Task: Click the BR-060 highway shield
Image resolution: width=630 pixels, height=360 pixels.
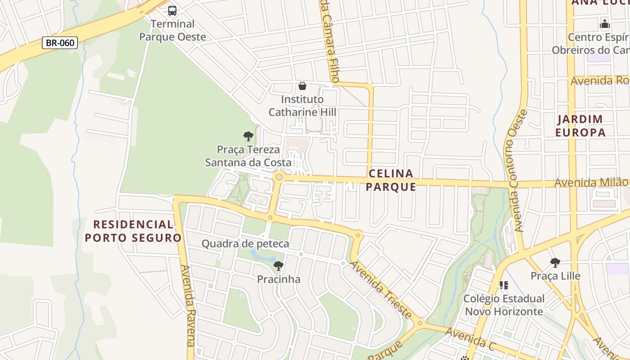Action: tap(60, 43)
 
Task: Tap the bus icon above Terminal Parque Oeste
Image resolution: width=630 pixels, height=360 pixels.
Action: tap(172, 11)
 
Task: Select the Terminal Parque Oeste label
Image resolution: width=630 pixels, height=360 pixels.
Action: tap(172, 30)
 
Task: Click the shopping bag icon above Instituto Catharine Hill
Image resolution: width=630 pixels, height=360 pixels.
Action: tap(302, 86)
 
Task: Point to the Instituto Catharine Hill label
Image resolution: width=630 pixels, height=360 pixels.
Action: tap(302, 106)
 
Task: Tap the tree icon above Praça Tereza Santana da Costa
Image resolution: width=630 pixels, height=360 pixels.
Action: tap(248, 136)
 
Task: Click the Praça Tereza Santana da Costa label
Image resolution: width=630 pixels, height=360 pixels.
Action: tap(248, 156)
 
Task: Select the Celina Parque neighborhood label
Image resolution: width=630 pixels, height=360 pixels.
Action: tap(391, 180)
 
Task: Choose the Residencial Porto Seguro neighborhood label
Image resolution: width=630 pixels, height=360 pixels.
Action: tap(133, 231)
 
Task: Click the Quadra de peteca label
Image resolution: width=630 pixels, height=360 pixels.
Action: tap(245, 244)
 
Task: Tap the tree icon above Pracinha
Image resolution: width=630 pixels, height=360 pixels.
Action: tap(279, 266)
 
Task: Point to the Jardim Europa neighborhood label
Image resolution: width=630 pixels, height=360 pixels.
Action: tap(580, 126)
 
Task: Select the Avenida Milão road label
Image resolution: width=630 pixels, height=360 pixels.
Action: tap(591, 182)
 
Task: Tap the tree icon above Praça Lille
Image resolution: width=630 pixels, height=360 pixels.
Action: tap(555, 263)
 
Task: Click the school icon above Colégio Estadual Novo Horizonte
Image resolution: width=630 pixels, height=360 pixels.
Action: tap(504, 285)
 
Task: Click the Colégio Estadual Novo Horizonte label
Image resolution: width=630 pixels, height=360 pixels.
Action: tap(504, 305)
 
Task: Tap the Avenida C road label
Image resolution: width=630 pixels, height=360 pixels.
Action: tap(470, 339)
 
